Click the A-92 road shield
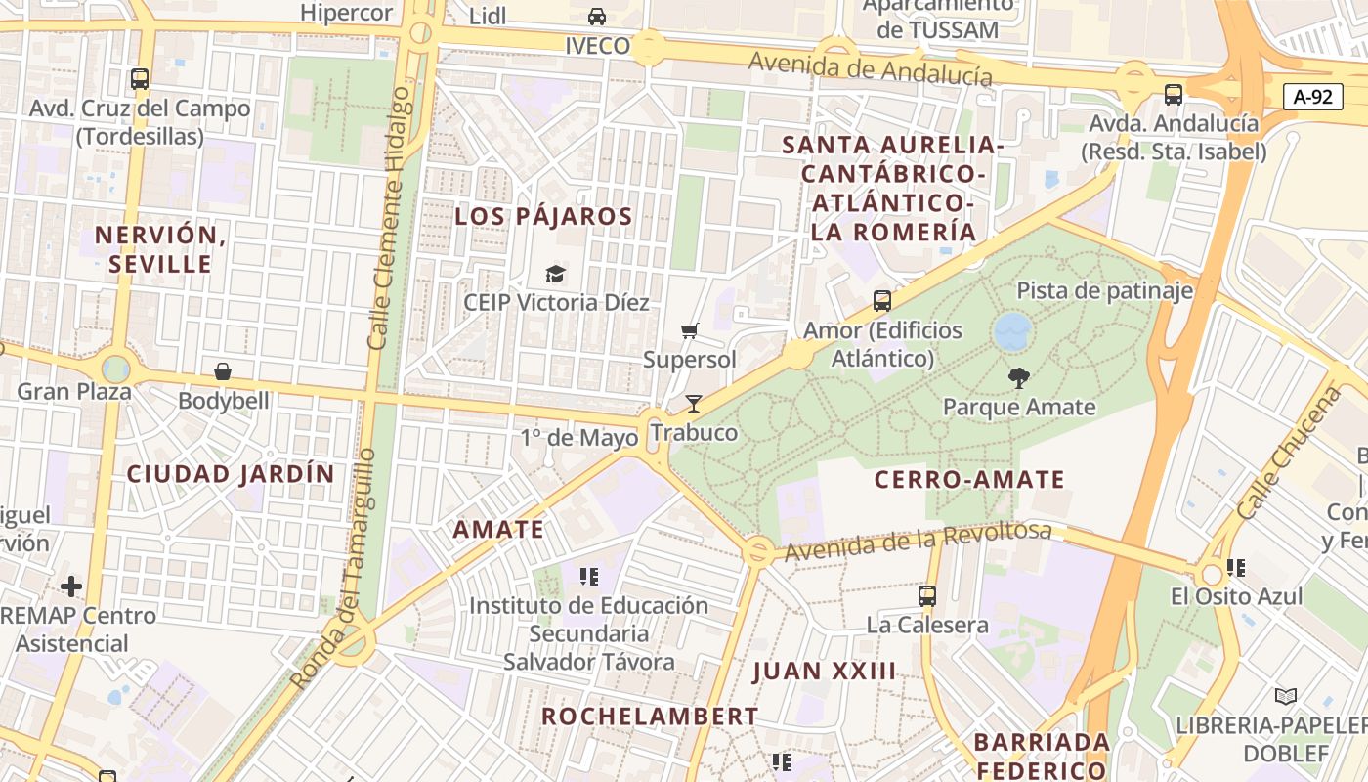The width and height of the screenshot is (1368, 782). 1312,96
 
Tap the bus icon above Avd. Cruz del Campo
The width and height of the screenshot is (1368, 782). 140,79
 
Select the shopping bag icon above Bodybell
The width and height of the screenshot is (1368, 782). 223,371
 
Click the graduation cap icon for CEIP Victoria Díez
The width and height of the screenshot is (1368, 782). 555,274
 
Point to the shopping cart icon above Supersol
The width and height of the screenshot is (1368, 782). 690,331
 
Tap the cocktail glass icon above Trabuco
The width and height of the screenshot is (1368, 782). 694,403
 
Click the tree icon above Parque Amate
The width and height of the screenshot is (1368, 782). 1019,377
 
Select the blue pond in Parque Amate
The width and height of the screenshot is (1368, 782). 1012,331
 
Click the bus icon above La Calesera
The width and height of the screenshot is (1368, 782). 926,594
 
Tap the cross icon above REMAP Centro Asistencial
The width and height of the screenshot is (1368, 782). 71,586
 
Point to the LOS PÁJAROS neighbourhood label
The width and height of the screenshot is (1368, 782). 543,217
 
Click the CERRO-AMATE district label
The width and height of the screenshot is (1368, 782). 968,479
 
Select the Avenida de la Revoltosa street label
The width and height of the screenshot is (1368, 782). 918,542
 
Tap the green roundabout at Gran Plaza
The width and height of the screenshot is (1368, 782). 115,369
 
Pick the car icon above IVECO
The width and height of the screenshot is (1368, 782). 596,17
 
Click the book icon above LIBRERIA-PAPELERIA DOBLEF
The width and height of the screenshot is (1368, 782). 1286,696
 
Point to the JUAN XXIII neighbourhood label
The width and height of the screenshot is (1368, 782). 824,671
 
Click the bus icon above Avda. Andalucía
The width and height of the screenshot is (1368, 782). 1174,95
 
